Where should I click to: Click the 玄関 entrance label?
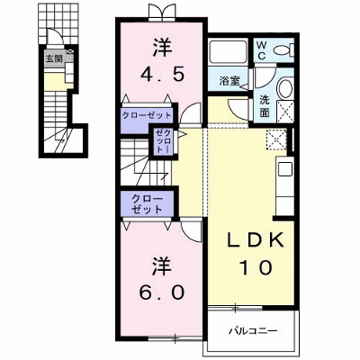54,58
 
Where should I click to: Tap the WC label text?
261,50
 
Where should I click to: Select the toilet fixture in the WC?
284,49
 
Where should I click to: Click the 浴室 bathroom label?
229,80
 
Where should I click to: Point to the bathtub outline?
227,51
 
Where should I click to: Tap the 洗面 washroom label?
265,106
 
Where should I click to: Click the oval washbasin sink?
285,88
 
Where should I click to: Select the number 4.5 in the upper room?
162,75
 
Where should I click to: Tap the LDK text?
256,240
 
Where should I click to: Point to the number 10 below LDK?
256,267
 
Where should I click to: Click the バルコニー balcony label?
253,331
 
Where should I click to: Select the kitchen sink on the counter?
285,169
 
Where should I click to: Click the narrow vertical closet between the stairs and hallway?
163,141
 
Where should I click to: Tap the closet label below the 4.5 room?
146,115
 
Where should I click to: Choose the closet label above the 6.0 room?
147,204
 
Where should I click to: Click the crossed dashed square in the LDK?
276,139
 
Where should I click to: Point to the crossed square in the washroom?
285,111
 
